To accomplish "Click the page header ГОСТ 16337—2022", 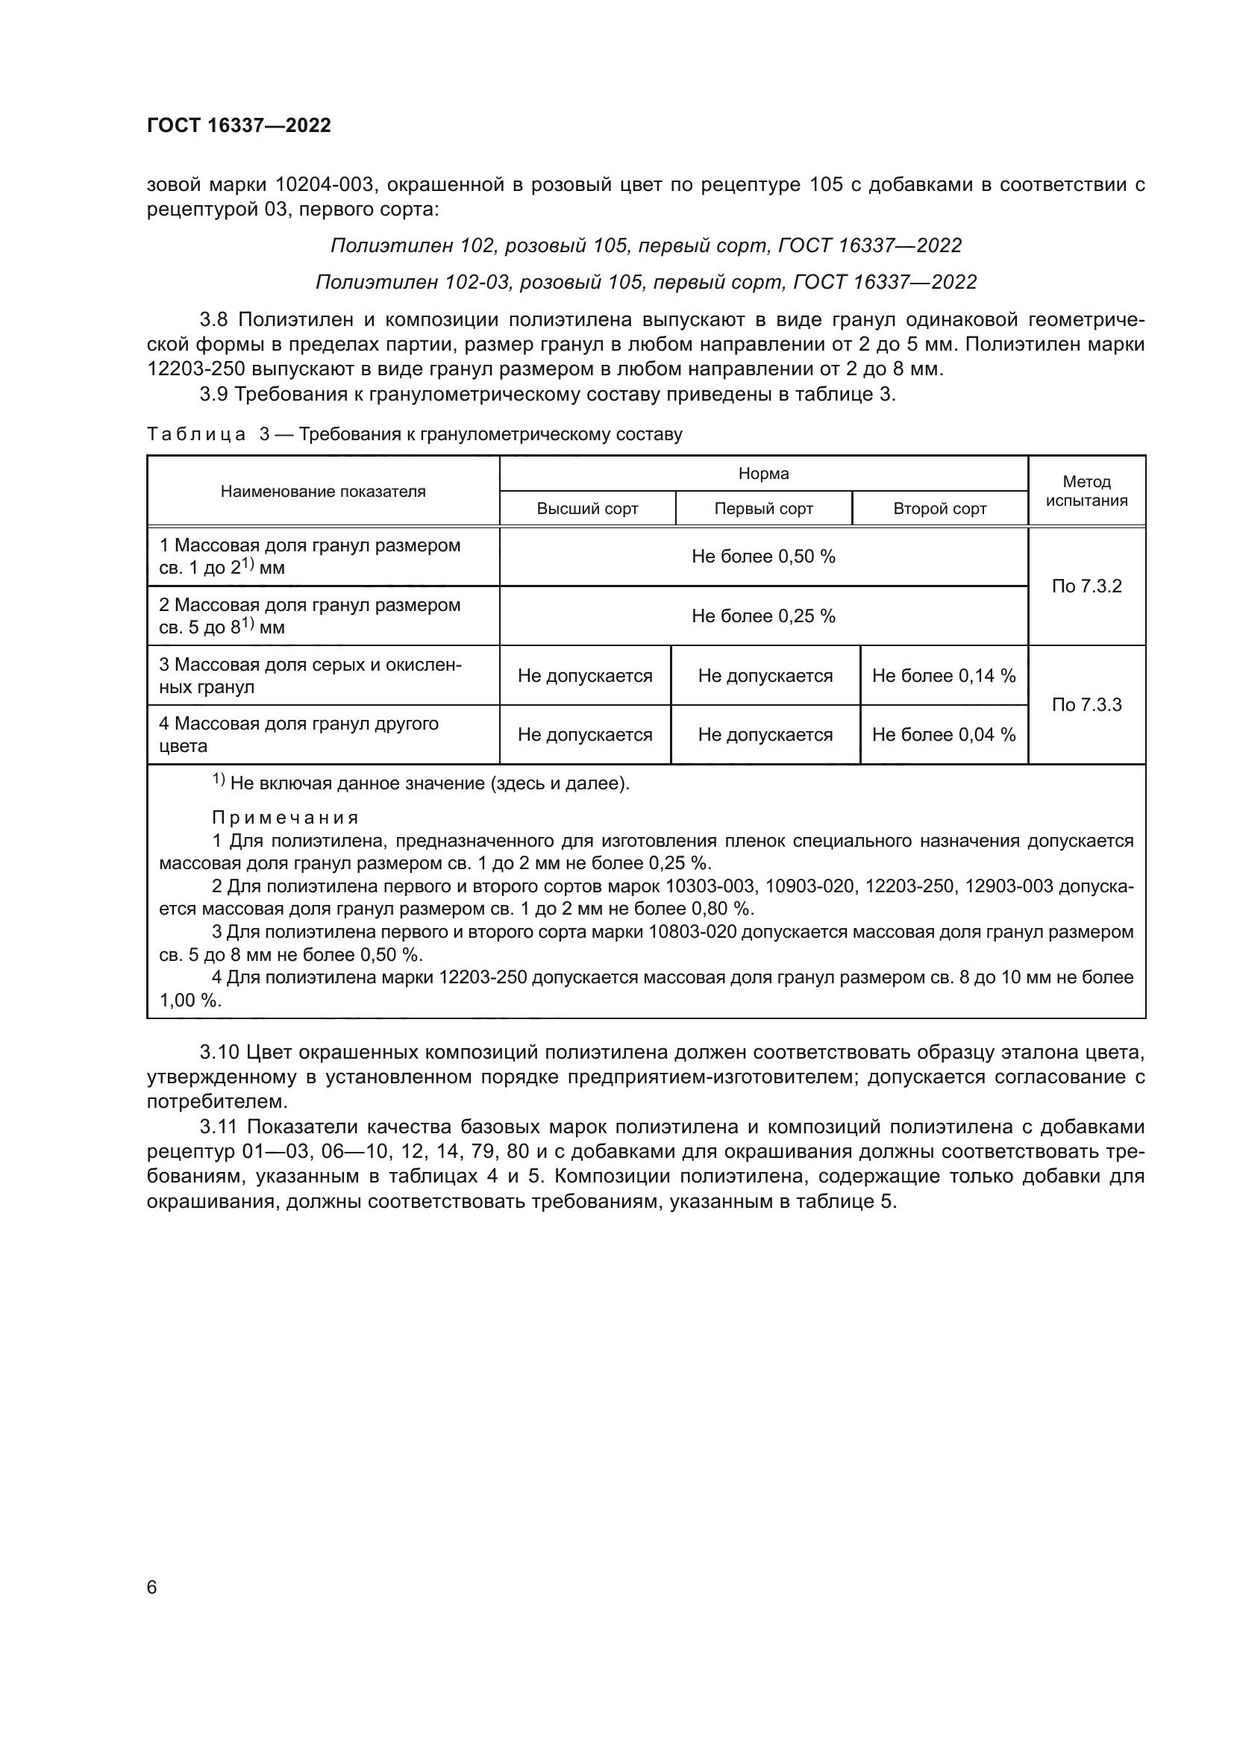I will [239, 126].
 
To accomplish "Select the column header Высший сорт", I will [586, 509].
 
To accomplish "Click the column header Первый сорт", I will [763, 509].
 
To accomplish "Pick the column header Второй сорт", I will [939, 509].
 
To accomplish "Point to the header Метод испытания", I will [1086, 491].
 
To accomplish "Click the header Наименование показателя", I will [323, 491].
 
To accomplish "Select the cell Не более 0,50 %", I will [763, 557].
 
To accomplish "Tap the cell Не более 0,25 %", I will [763, 615].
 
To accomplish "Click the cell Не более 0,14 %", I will [943, 676].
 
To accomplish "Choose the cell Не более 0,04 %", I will [943, 734].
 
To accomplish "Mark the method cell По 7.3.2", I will [1086, 586].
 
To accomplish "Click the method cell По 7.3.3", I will [1086, 704].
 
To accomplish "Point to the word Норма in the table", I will [763, 474].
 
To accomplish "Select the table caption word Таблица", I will [195, 435].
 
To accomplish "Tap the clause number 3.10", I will [220, 1053].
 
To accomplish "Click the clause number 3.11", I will [220, 1127].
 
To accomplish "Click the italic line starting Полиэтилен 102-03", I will [645, 282].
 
